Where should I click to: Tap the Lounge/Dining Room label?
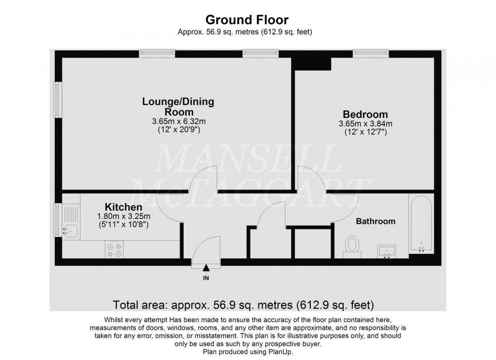[x=178, y=107]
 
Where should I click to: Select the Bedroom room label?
[x=365, y=114]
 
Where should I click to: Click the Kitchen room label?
[x=123, y=207]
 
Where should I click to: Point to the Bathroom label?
[x=375, y=221]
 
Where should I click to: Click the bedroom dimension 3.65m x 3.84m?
[x=365, y=124]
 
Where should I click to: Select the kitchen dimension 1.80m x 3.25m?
[x=123, y=216]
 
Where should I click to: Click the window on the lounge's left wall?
[x=58, y=100]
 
